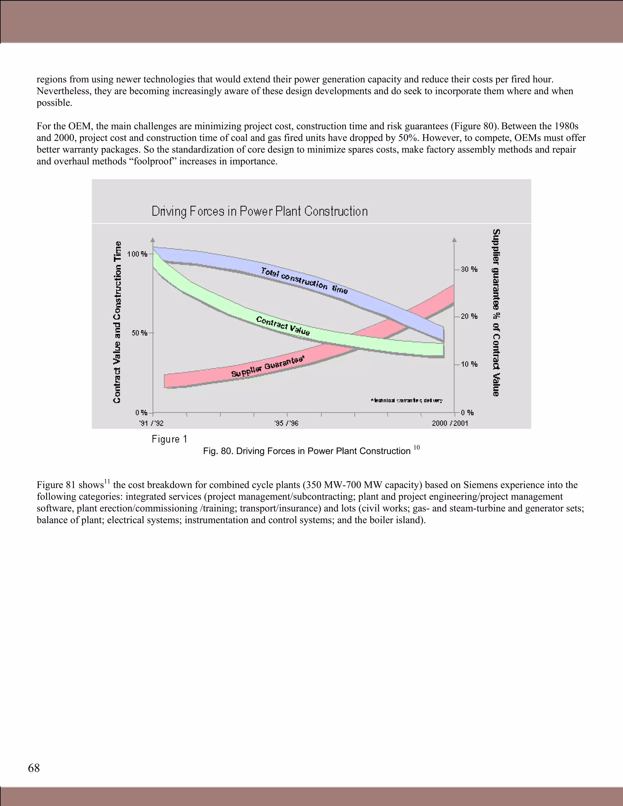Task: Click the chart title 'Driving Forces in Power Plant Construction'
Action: click(259, 211)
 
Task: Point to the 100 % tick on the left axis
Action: click(137, 254)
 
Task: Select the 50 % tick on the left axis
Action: click(140, 333)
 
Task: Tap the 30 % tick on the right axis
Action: click(469, 269)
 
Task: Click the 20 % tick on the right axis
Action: click(469, 316)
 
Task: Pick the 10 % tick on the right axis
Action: click(469, 364)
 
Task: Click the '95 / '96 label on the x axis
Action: click(286, 423)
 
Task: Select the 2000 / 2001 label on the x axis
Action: click(450, 423)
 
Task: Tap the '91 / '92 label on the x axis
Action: click(151, 423)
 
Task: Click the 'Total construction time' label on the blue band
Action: click(304, 280)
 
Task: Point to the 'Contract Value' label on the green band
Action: click(283, 325)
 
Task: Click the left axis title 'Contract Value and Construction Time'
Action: click(117, 322)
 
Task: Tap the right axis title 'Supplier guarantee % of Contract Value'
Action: click(496, 313)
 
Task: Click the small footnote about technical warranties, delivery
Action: click(406, 401)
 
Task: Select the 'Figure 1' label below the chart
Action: click(169, 439)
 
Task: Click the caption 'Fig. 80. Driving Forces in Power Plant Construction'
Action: click(306, 451)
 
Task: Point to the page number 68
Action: click(34, 768)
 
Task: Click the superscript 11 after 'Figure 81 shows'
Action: click(107, 481)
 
